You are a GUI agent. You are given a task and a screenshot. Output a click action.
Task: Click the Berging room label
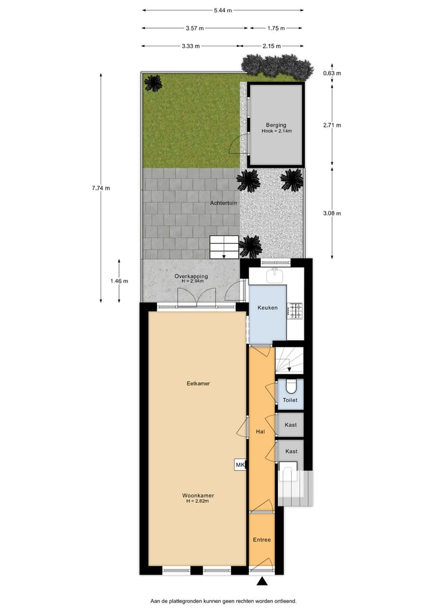pyautogui.click(x=275, y=125)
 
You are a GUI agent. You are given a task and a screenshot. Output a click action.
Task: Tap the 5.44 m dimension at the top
pyautogui.click(x=223, y=10)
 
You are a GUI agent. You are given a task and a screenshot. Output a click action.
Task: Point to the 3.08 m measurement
pyautogui.click(x=331, y=213)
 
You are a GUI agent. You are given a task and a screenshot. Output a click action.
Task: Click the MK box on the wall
pyautogui.click(x=240, y=465)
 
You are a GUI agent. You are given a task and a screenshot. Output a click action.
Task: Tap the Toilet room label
pyautogui.click(x=290, y=400)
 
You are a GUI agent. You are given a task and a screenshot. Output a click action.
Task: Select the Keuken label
pyautogui.click(x=268, y=308)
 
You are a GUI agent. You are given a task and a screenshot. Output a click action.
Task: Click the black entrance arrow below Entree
pyautogui.click(x=262, y=581)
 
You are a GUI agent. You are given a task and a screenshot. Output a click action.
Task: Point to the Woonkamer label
pyautogui.click(x=198, y=495)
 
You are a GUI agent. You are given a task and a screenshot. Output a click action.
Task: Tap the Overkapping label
pyautogui.click(x=191, y=276)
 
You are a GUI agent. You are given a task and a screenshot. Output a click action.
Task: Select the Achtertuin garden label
pyautogui.click(x=224, y=203)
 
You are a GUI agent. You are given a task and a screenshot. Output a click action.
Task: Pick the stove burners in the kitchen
pyautogui.click(x=295, y=311)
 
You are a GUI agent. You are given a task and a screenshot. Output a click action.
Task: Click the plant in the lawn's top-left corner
pyautogui.click(x=153, y=82)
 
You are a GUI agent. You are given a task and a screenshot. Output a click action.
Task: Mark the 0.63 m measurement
pyautogui.click(x=331, y=73)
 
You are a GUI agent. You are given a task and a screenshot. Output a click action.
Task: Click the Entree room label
pyautogui.click(x=262, y=540)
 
